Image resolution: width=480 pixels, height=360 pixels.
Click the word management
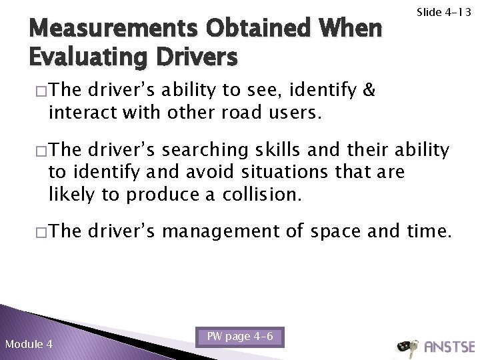(x=235, y=232)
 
